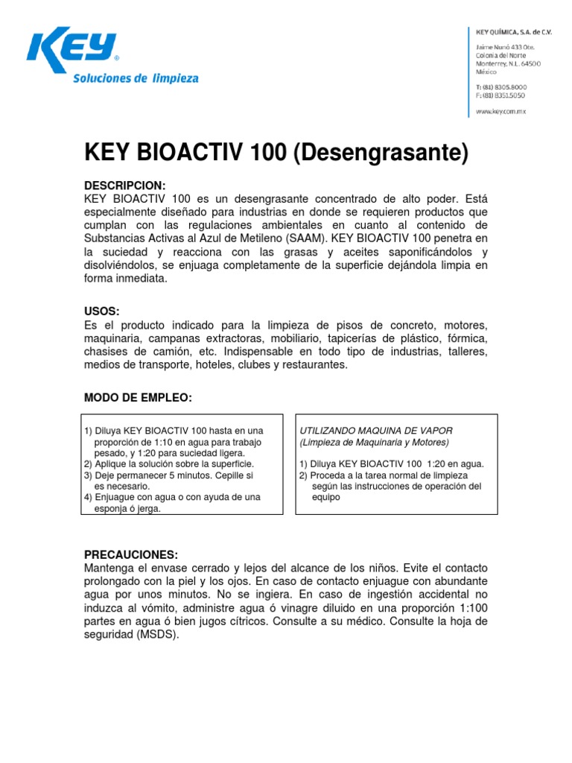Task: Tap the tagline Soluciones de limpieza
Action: pyautogui.click(x=135, y=78)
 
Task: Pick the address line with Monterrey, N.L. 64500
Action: pyautogui.click(x=508, y=63)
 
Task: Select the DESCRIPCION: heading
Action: pyautogui.click(x=124, y=184)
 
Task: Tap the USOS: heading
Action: pyautogui.click(x=101, y=310)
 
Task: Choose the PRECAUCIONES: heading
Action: pyautogui.click(x=131, y=554)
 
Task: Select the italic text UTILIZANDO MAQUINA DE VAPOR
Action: pyautogui.click(x=376, y=431)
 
